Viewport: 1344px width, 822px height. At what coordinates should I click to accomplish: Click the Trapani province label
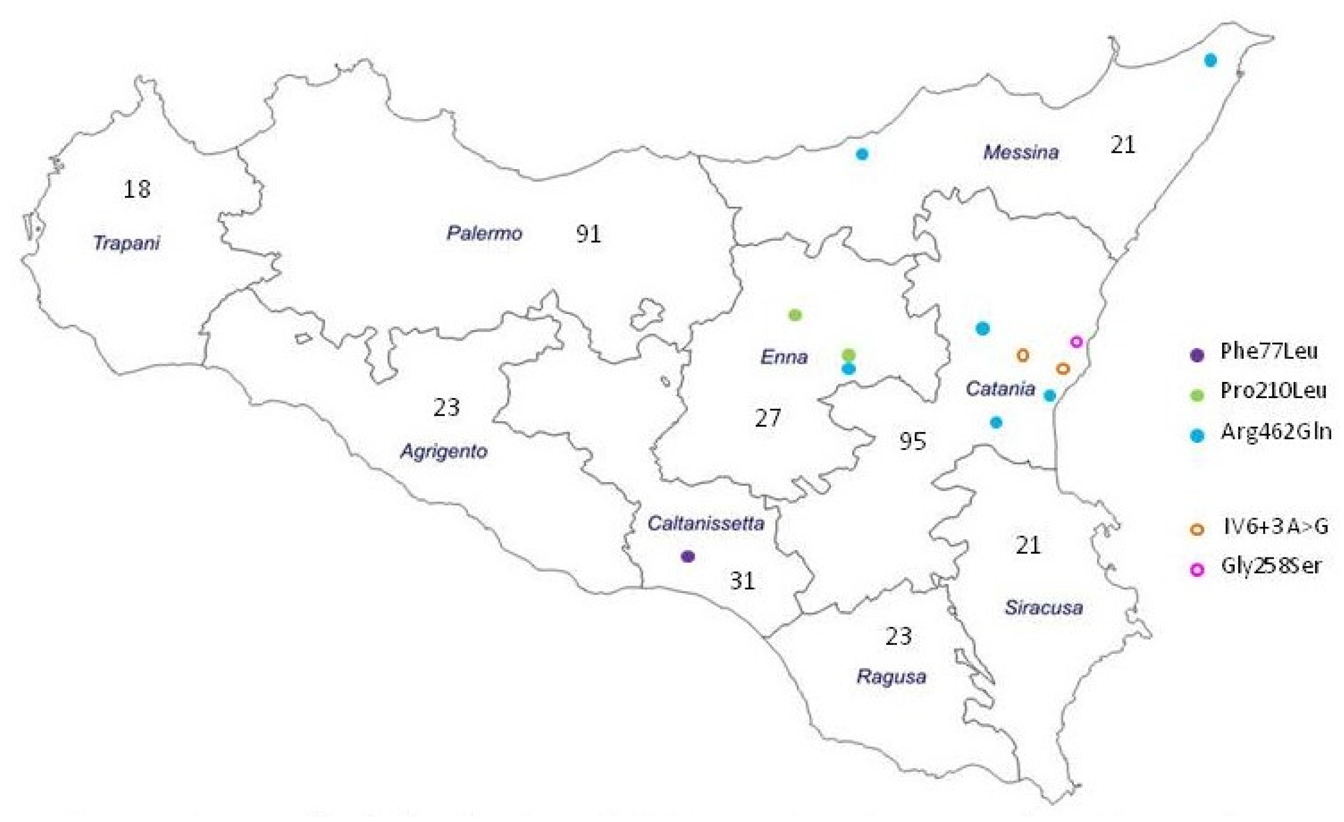(127, 242)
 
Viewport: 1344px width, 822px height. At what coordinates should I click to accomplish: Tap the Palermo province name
(484, 233)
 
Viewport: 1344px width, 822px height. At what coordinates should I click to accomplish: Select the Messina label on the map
(1021, 151)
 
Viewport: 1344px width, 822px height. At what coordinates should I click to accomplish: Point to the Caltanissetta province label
(705, 523)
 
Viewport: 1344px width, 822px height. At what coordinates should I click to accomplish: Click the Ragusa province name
(891, 677)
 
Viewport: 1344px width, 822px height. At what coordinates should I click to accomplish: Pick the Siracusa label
(1044, 607)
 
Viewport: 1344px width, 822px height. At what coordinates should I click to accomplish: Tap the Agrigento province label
(444, 451)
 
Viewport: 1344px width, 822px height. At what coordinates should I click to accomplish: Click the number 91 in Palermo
(589, 234)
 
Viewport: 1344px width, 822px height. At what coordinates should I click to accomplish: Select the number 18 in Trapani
(137, 189)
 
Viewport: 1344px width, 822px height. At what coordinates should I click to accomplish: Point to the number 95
(913, 441)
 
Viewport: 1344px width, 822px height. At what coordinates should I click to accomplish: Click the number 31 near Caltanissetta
(742, 581)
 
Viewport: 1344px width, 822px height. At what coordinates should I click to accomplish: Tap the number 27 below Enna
(768, 418)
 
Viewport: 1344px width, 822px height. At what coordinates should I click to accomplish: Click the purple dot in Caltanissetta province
(688, 556)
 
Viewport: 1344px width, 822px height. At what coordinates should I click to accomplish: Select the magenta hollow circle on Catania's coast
(1076, 342)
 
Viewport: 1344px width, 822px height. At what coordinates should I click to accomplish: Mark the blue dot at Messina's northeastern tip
(1210, 60)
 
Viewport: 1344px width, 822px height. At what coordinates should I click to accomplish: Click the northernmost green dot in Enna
(795, 315)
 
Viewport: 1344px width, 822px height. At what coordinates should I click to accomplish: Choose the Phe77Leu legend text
(1269, 352)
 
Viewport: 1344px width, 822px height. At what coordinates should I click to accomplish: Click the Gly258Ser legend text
(1271, 566)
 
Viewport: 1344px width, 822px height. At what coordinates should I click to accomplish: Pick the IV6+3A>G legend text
(1275, 527)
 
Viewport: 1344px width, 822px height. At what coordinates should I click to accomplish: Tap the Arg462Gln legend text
(1276, 431)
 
